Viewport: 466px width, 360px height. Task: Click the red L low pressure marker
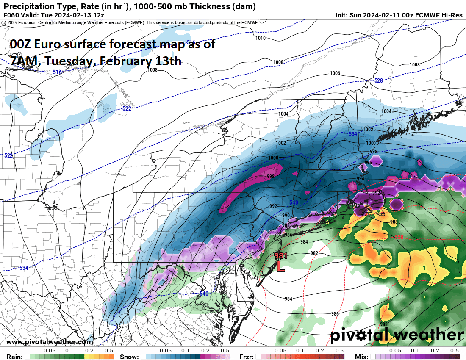280,267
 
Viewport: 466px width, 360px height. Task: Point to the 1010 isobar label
261,38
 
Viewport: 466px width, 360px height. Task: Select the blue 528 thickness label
378,80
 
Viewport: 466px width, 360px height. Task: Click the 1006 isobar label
335,73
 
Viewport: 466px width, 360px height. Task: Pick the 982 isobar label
314,253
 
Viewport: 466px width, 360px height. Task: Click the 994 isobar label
360,179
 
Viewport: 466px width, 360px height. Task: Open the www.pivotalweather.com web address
50,342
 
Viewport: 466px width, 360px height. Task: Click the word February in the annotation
124,61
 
